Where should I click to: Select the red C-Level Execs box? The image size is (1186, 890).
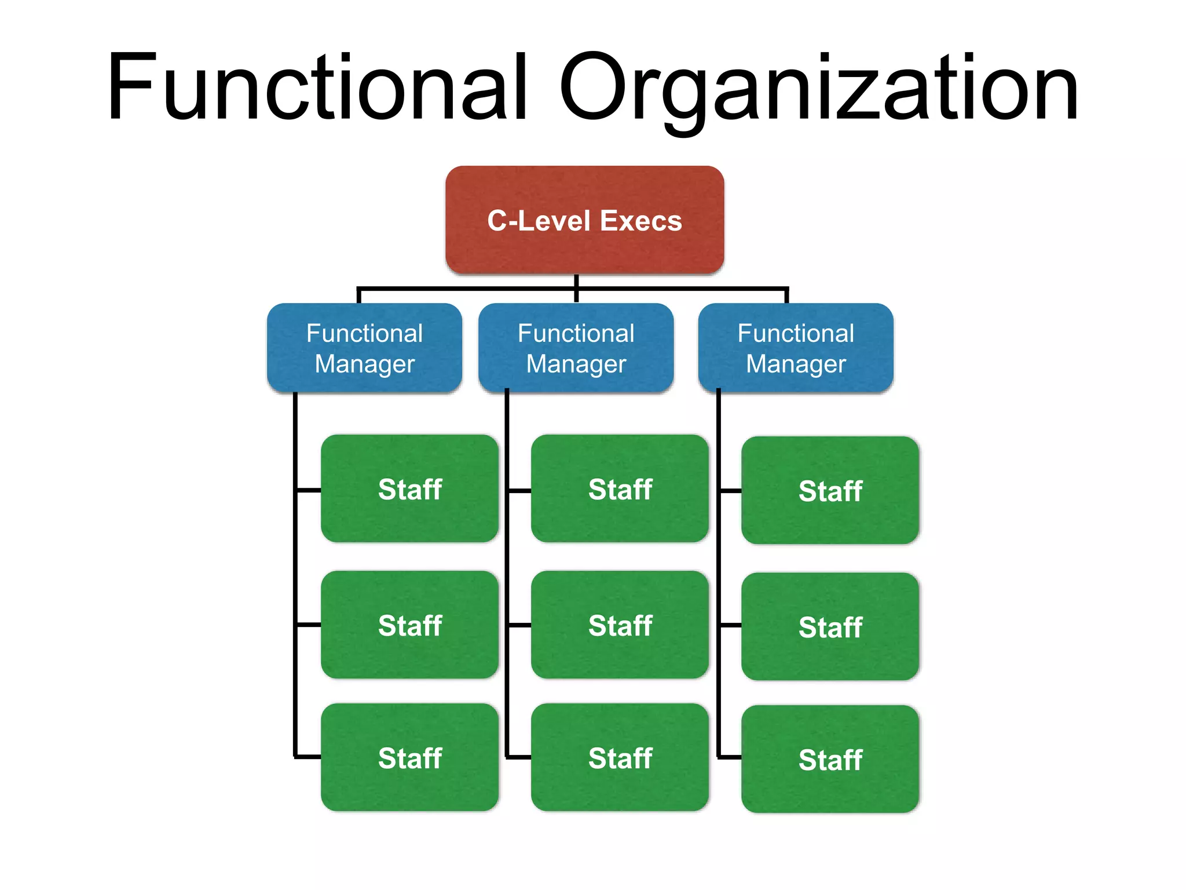(x=584, y=220)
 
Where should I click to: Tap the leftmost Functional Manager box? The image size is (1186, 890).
(x=364, y=348)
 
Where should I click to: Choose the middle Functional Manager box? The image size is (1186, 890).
(x=576, y=348)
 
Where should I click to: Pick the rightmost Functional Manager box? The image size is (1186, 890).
(x=796, y=348)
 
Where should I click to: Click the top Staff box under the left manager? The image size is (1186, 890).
(x=409, y=488)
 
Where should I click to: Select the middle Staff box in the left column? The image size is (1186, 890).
(x=409, y=625)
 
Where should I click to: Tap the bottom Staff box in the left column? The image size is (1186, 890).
(x=409, y=757)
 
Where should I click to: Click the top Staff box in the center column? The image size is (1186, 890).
(x=620, y=488)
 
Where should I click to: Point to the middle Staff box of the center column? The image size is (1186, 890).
(x=620, y=625)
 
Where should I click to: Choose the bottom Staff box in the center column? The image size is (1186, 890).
(x=620, y=757)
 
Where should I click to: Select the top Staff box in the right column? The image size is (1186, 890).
(x=830, y=490)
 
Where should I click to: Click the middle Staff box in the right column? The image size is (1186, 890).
(x=830, y=626)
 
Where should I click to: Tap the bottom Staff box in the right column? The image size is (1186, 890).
(x=830, y=759)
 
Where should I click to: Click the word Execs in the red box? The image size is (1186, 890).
(x=640, y=221)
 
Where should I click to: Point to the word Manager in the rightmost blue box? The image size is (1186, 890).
(x=796, y=364)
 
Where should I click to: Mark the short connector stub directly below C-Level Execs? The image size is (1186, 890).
(x=576, y=281)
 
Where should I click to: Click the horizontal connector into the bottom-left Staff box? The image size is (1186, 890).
(x=308, y=757)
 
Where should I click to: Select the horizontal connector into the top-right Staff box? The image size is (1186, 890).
(x=730, y=491)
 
